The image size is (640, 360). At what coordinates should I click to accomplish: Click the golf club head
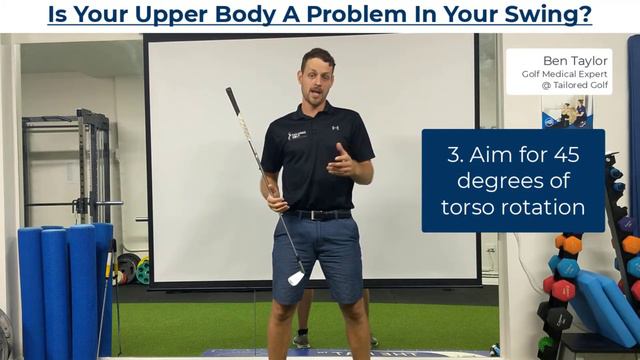tap(297, 277)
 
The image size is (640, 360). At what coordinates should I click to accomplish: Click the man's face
tap(319, 79)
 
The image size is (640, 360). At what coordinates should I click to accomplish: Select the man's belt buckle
tap(321, 214)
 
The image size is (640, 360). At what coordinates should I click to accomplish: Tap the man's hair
tap(318, 56)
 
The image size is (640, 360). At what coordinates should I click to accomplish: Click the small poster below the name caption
tap(568, 112)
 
